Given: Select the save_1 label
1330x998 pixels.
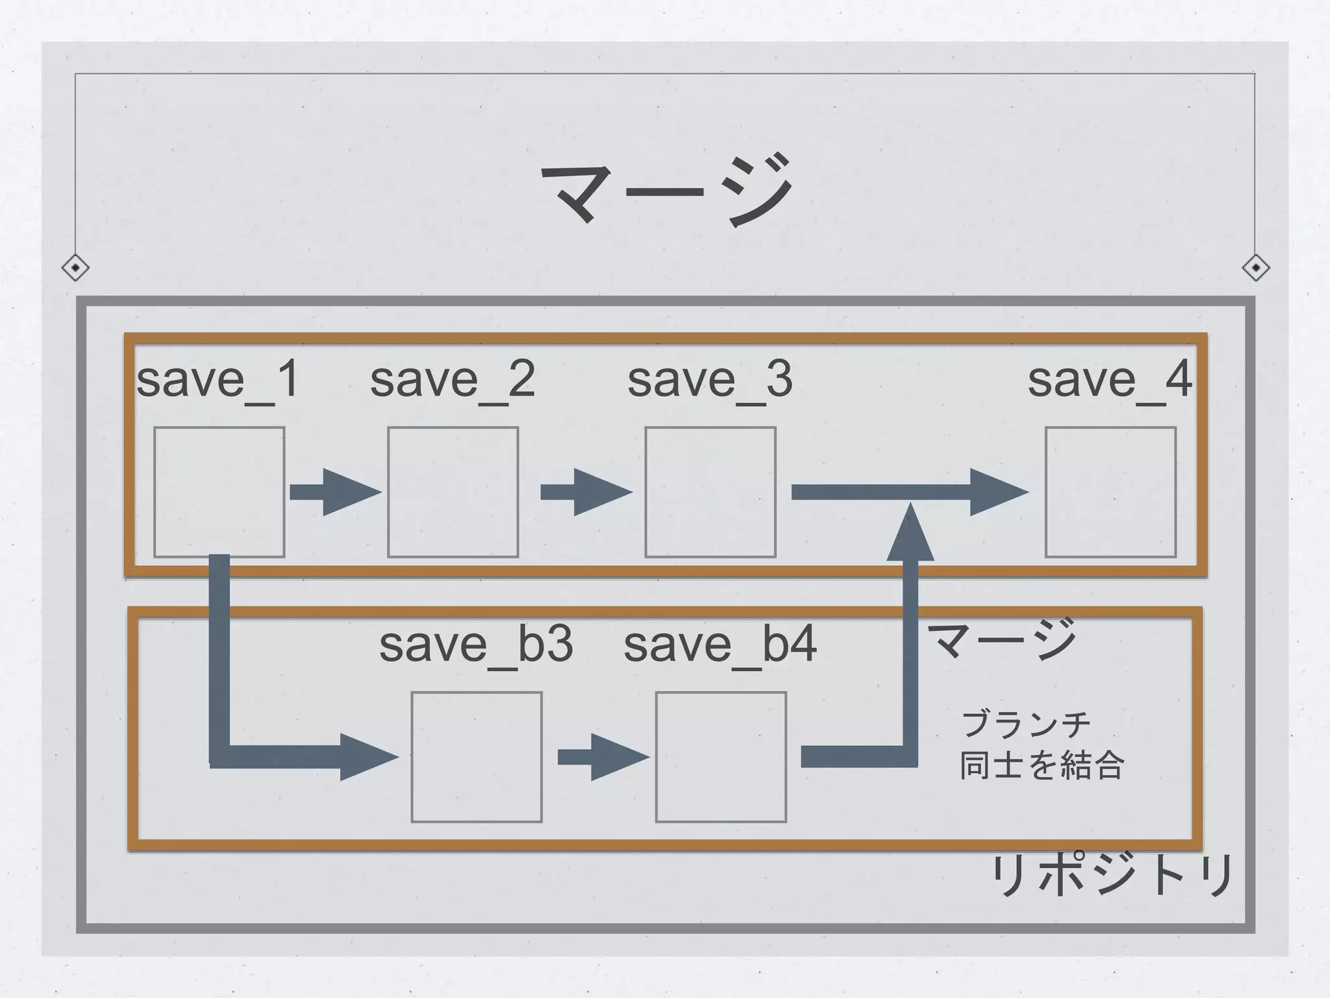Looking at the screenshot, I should (x=218, y=379).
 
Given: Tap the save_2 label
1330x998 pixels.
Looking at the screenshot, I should (x=453, y=379).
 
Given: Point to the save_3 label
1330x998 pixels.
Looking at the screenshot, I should (x=710, y=379).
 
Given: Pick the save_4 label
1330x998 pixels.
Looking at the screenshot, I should (x=1110, y=379).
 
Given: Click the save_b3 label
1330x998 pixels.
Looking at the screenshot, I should (x=476, y=645).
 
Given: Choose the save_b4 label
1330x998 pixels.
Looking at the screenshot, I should (x=720, y=645).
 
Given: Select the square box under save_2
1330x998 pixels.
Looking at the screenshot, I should (x=453, y=492).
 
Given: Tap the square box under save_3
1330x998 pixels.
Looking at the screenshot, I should (x=710, y=492).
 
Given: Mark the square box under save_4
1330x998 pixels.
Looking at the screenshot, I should (x=1110, y=492).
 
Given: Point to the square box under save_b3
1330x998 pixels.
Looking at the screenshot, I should (x=477, y=757).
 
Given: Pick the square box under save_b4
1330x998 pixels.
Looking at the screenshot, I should (x=721, y=757).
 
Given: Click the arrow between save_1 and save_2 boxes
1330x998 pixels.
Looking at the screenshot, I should (x=334, y=492).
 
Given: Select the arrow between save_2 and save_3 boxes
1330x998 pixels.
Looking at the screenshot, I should (x=586, y=492).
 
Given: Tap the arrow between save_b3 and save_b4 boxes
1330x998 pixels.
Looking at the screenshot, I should (x=603, y=757).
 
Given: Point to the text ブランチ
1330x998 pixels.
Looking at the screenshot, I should (x=1025, y=724).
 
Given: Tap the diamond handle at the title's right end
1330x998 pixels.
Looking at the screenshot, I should (x=1255, y=268).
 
